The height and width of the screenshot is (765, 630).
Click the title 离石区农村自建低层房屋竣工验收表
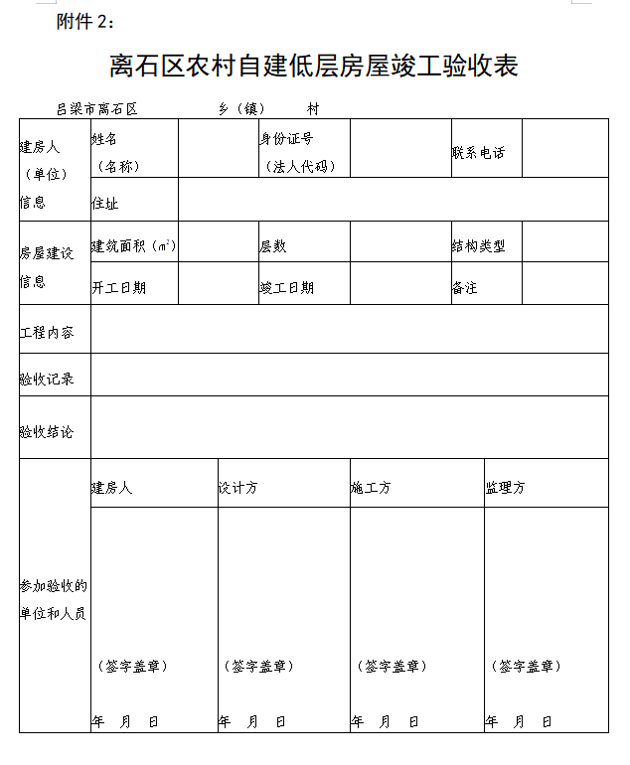(314, 67)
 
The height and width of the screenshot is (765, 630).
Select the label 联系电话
(478, 153)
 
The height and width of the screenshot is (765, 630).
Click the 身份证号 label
(287, 139)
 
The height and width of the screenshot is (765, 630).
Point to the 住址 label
(104, 203)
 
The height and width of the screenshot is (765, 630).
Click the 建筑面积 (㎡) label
(134, 245)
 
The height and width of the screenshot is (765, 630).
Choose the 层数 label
(273, 245)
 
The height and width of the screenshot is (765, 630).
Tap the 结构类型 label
(478, 245)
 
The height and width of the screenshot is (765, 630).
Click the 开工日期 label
(118, 287)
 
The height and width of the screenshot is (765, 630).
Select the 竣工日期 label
(287, 287)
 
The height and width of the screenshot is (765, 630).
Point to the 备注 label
(464, 287)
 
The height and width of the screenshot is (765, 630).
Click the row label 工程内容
(47, 332)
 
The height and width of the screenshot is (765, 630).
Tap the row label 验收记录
(47, 379)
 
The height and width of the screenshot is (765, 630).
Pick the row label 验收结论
(47, 432)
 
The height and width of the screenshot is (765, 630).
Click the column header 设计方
(238, 488)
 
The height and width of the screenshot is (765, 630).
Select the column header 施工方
(371, 488)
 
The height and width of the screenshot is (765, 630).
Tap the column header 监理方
(506, 488)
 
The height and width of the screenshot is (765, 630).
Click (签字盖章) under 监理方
(527, 666)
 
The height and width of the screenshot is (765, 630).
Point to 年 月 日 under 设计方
(252, 721)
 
